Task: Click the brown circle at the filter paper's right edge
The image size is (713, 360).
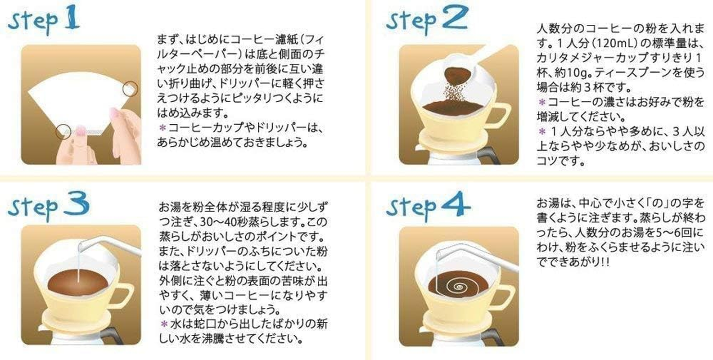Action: tap(130, 88)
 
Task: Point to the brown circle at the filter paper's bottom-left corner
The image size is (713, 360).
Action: tap(63, 131)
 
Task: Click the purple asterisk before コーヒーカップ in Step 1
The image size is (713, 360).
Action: tap(162, 128)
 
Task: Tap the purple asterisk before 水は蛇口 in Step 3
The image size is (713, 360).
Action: tap(163, 323)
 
